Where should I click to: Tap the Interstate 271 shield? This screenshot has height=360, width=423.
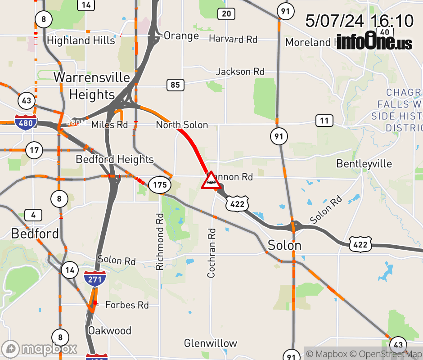click(95, 279)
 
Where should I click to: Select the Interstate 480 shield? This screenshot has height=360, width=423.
click(25, 122)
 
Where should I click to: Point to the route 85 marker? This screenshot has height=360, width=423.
click(175, 85)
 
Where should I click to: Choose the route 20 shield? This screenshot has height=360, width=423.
click(226, 14)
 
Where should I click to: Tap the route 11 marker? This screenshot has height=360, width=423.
click(324, 121)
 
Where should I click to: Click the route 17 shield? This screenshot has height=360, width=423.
click(34, 150)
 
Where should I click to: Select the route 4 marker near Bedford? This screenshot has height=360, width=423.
click(33, 215)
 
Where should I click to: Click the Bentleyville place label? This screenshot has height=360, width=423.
click(364, 163)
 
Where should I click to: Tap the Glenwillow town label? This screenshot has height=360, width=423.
click(210, 343)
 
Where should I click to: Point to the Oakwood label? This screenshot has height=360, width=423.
click(109, 331)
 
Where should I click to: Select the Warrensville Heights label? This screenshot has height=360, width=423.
click(92, 86)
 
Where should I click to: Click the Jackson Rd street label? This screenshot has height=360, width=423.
click(240, 72)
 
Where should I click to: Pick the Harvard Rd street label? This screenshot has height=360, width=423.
click(233, 39)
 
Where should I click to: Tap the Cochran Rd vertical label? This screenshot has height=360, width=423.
click(211, 252)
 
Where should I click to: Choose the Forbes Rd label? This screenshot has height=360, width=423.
click(126, 305)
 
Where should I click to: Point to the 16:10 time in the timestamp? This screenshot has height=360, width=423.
click(391, 21)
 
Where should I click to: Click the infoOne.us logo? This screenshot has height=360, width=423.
click(374, 41)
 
